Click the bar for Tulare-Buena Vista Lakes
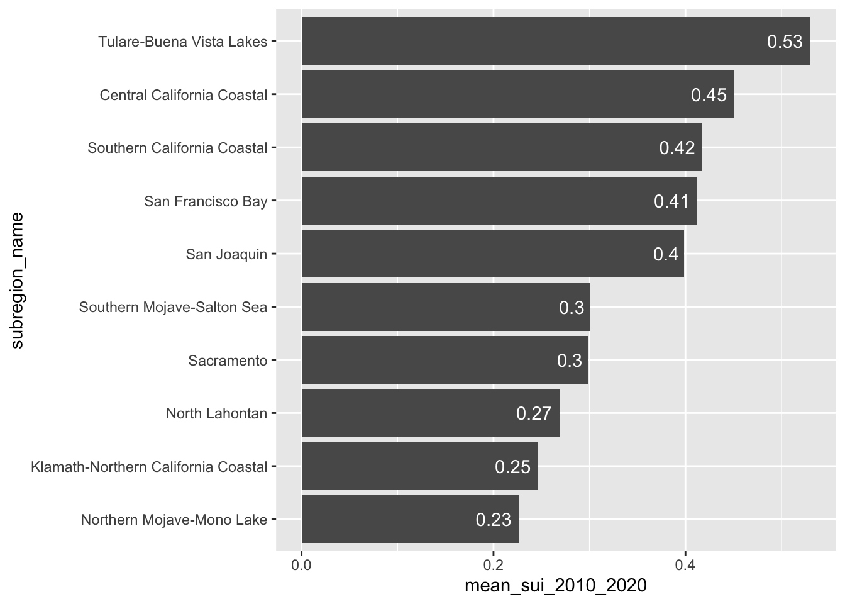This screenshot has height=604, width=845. pyautogui.click(x=556, y=41)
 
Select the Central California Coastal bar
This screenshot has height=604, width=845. pyautogui.click(x=517, y=94)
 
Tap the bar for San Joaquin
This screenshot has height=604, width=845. pyautogui.click(x=492, y=254)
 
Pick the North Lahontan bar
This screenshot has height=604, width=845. pyautogui.click(x=430, y=413)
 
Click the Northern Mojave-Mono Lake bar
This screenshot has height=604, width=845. pyautogui.click(x=410, y=519)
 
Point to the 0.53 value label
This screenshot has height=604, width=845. pyautogui.click(x=785, y=42)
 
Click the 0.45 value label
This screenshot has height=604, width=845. pyautogui.click(x=709, y=95)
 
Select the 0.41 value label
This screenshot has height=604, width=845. pyautogui.click(x=671, y=201)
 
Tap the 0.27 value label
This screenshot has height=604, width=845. pyautogui.click(x=534, y=413)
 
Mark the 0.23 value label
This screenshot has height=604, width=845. pyautogui.click(x=494, y=520)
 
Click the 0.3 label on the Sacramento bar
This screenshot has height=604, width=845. pyautogui.click(x=570, y=361)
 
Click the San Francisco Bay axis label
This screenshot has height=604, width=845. pyautogui.click(x=206, y=201)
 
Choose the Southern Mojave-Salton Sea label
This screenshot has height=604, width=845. pyautogui.click(x=173, y=307)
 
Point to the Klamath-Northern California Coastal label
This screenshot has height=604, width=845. pyautogui.click(x=149, y=467)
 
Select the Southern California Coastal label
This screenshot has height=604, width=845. pyautogui.click(x=177, y=148)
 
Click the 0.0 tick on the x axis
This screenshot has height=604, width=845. pyautogui.click(x=302, y=564)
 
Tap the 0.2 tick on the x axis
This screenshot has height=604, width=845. pyautogui.click(x=494, y=564)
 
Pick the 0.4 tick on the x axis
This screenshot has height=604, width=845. pyautogui.click(x=685, y=564)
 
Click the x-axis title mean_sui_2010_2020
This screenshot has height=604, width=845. pyautogui.click(x=555, y=586)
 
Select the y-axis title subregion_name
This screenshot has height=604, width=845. pyautogui.click(x=17, y=280)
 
